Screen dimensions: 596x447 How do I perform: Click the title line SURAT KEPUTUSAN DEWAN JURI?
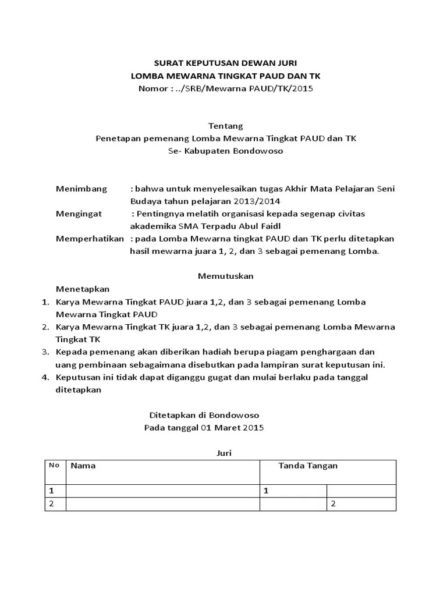point(221,63)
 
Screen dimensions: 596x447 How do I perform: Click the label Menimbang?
point(81,189)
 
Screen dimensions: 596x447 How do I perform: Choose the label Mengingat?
point(79,214)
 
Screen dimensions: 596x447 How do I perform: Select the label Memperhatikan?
point(90,239)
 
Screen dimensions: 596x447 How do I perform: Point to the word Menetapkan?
point(82,289)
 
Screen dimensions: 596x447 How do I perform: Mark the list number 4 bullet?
point(45,377)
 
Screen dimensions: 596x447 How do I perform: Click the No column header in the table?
point(54,465)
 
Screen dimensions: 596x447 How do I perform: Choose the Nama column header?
point(83,466)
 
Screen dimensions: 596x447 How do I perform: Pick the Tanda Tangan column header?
point(308,466)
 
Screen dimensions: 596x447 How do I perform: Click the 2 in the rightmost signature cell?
point(334,503)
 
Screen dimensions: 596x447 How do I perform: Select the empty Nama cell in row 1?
point(162,491)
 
